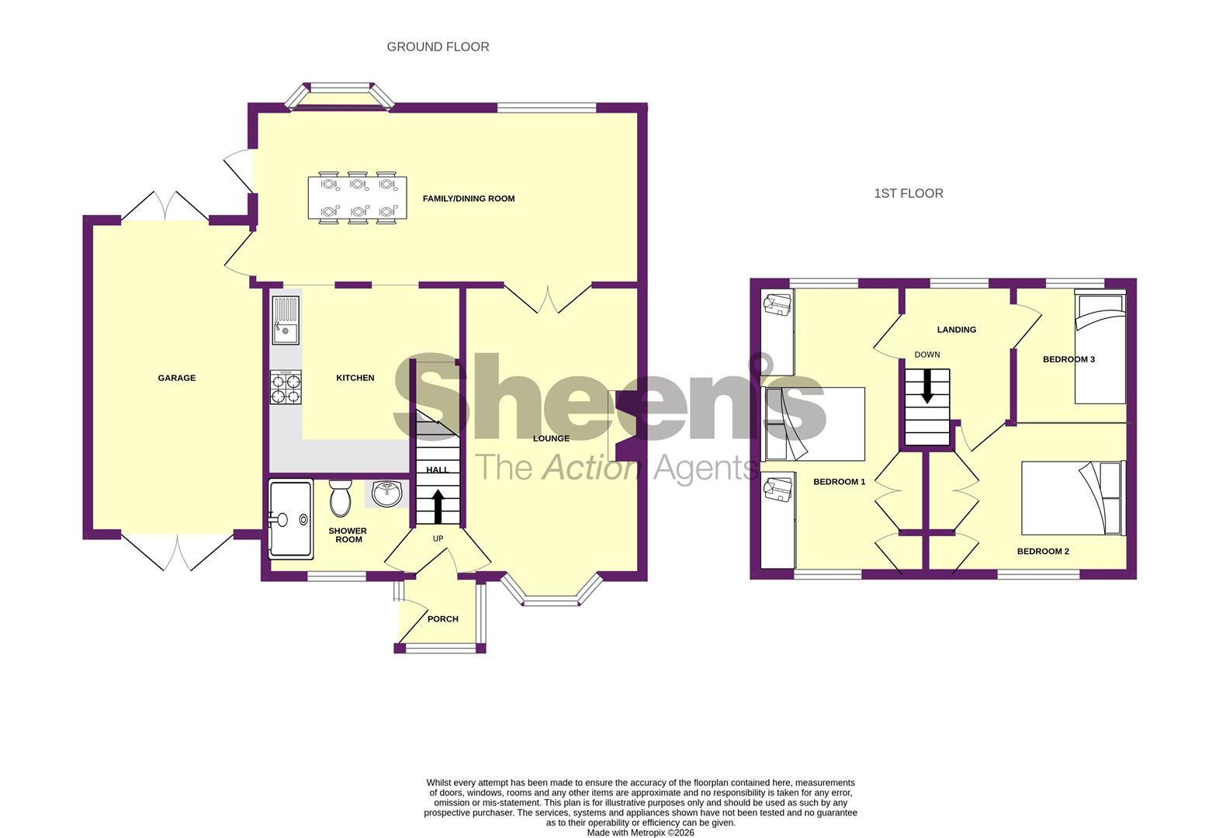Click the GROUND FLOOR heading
tap(438, 47)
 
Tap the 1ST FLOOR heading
tap(909, 193)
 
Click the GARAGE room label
tap(177, 378)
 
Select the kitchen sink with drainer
tap(285, 319)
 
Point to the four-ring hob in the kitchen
tap(286, 387)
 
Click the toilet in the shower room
tap(340, 497)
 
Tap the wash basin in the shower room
tap(386, 493)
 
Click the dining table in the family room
tap(357, 198)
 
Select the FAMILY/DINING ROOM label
tap(469, 199)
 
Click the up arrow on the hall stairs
tap(437, 505)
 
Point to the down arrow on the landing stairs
tap(926, 386)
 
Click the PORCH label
tap(442, 619)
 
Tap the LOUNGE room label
tap(551, 438)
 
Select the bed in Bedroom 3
tap(1100, 348)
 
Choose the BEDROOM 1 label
tap(839, 482)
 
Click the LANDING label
tap(956, 330)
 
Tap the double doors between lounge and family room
tap(549, 300)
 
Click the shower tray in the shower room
tap(291, 519)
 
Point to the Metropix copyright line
tap(640, 833)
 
